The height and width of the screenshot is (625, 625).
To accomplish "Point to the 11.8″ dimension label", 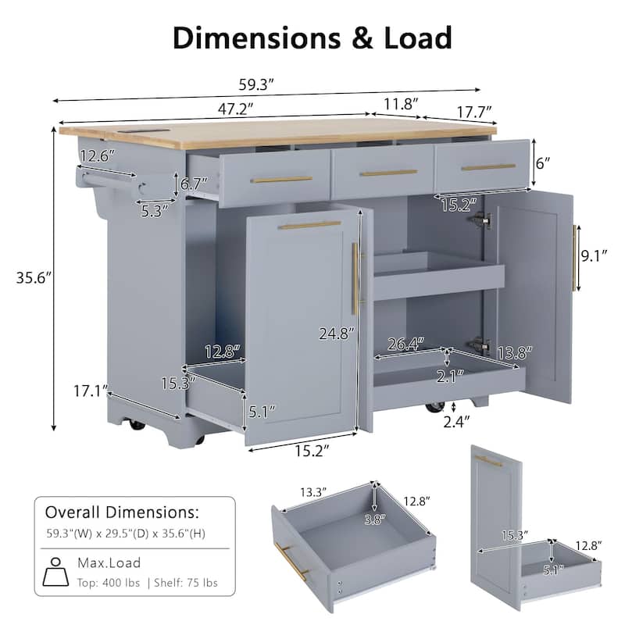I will tap(401, 103).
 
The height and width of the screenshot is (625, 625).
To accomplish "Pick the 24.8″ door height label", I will tap(336, 332).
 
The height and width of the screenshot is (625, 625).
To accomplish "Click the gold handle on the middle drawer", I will tap(388, 173).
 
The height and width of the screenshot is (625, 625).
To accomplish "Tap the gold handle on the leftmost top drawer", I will tap(281, 180).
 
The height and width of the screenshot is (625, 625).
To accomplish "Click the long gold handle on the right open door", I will tap(576, 257).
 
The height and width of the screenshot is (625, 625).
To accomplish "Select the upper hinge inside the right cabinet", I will tap(480, 222).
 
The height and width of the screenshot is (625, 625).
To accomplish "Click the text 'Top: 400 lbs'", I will tap(109, 583).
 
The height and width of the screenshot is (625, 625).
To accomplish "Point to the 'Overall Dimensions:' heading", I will tap(122, 513).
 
